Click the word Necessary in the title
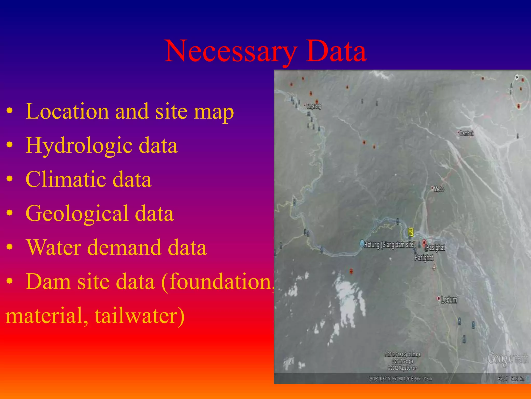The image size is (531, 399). (x=231, y=51)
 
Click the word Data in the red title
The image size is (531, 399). (x=336, y=51)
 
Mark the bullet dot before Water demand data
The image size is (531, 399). (x=10, y=247)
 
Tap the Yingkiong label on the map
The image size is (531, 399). (x=314, y=106)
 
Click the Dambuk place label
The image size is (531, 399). (x=466, y=134)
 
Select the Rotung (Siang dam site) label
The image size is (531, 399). (x=389, y=244)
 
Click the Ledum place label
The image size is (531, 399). (x=449, y=300)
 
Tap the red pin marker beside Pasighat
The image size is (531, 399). (x=424, y=243)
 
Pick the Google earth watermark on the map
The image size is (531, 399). (x=507, y=358)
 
